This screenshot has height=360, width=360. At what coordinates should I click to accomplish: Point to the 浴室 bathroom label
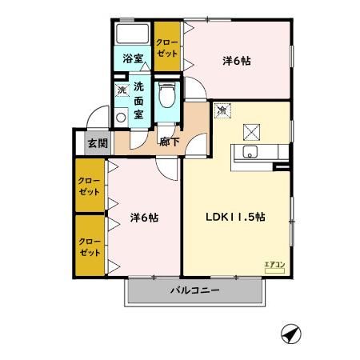tap(133, 58)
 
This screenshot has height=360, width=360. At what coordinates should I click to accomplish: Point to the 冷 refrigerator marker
tap(222, 110)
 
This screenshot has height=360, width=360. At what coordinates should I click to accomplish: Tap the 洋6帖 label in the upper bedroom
tap(236, 60)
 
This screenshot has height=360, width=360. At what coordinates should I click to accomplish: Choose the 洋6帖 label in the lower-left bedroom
tap(144, 216)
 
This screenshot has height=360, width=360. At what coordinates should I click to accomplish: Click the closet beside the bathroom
tap(167, 48)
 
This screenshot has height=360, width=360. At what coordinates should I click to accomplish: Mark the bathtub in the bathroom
tap(133, 34)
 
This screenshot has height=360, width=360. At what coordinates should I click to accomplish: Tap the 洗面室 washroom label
tap(138, 101)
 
